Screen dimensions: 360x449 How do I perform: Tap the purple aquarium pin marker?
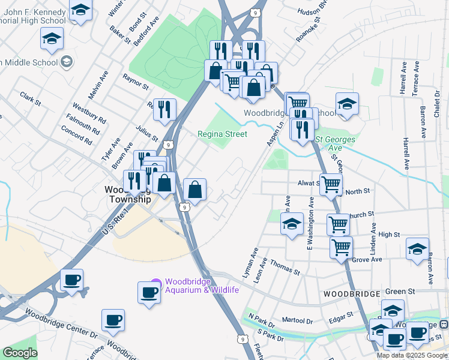pos(156,282)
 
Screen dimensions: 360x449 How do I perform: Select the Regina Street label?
pos(223,134)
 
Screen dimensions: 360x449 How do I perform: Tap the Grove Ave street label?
pos(367,260)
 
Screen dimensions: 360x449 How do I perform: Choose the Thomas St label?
pos(285,267)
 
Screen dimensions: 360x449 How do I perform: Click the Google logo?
pos(20,353)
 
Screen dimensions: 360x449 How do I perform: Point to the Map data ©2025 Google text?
pos(412,355)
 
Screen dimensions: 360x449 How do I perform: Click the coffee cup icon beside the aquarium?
pos(148,292)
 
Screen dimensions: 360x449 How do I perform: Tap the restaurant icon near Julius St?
pos(164,109)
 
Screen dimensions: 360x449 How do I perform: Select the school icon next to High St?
pos(417,248)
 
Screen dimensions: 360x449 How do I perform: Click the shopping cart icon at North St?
pos(331,184)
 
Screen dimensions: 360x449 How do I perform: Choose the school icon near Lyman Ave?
pos(292,224)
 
